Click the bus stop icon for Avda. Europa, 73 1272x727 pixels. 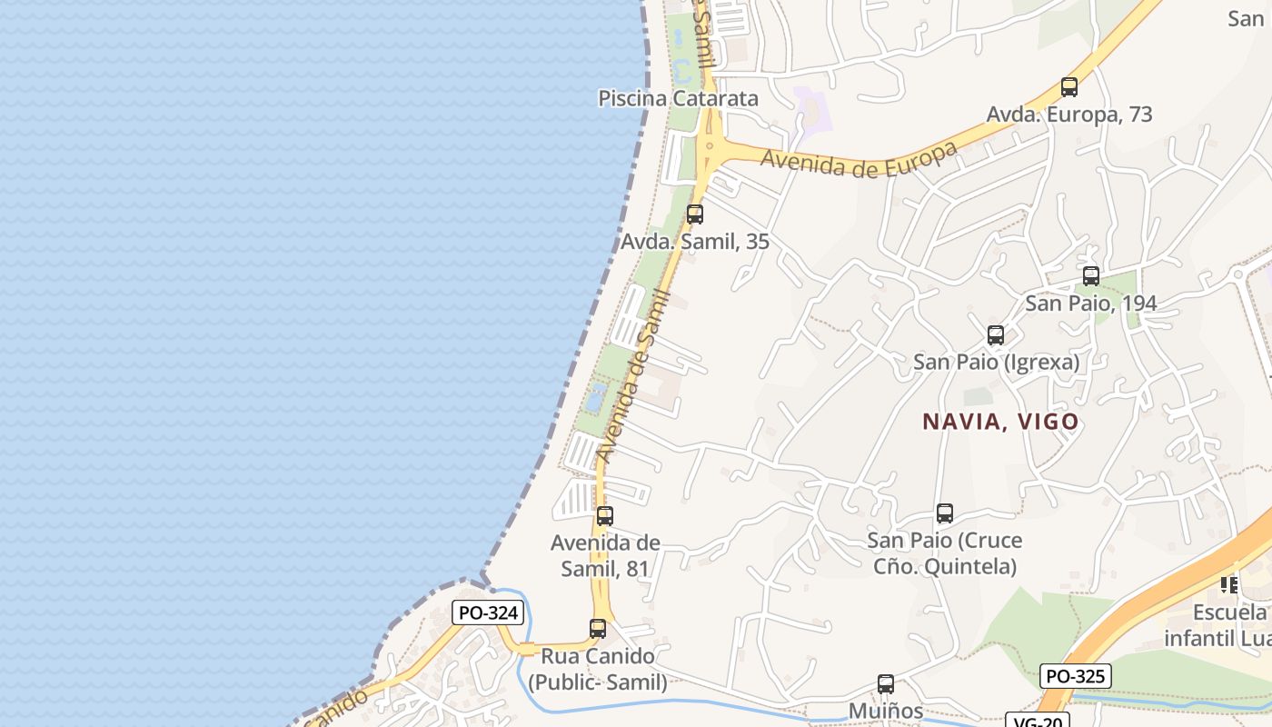coord(1069,87)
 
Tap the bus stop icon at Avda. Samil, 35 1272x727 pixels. coord(695,214)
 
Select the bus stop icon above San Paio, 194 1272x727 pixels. coord(1091,275)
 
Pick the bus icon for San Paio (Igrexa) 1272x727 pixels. coord(996,335)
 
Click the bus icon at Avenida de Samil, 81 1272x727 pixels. coord(605,516)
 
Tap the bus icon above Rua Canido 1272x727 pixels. coord(598,628)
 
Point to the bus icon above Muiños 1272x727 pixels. coord(886,684)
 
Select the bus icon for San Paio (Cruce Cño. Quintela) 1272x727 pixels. coord(945,513)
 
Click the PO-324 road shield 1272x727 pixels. coord(489,612)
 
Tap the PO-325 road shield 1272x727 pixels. coord(1076,676)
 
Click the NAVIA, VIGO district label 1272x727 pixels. coord(1000,422)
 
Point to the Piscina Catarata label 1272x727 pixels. coord(678,98)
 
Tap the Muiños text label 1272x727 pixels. coord(886,711)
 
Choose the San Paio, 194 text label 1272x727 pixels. coord(1090,303)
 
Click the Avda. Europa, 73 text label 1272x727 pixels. coord(1069,115)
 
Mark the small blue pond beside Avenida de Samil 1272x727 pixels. coord(596,397)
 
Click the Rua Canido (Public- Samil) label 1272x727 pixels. coord(597,669)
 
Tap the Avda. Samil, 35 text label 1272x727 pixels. coord(695,242)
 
